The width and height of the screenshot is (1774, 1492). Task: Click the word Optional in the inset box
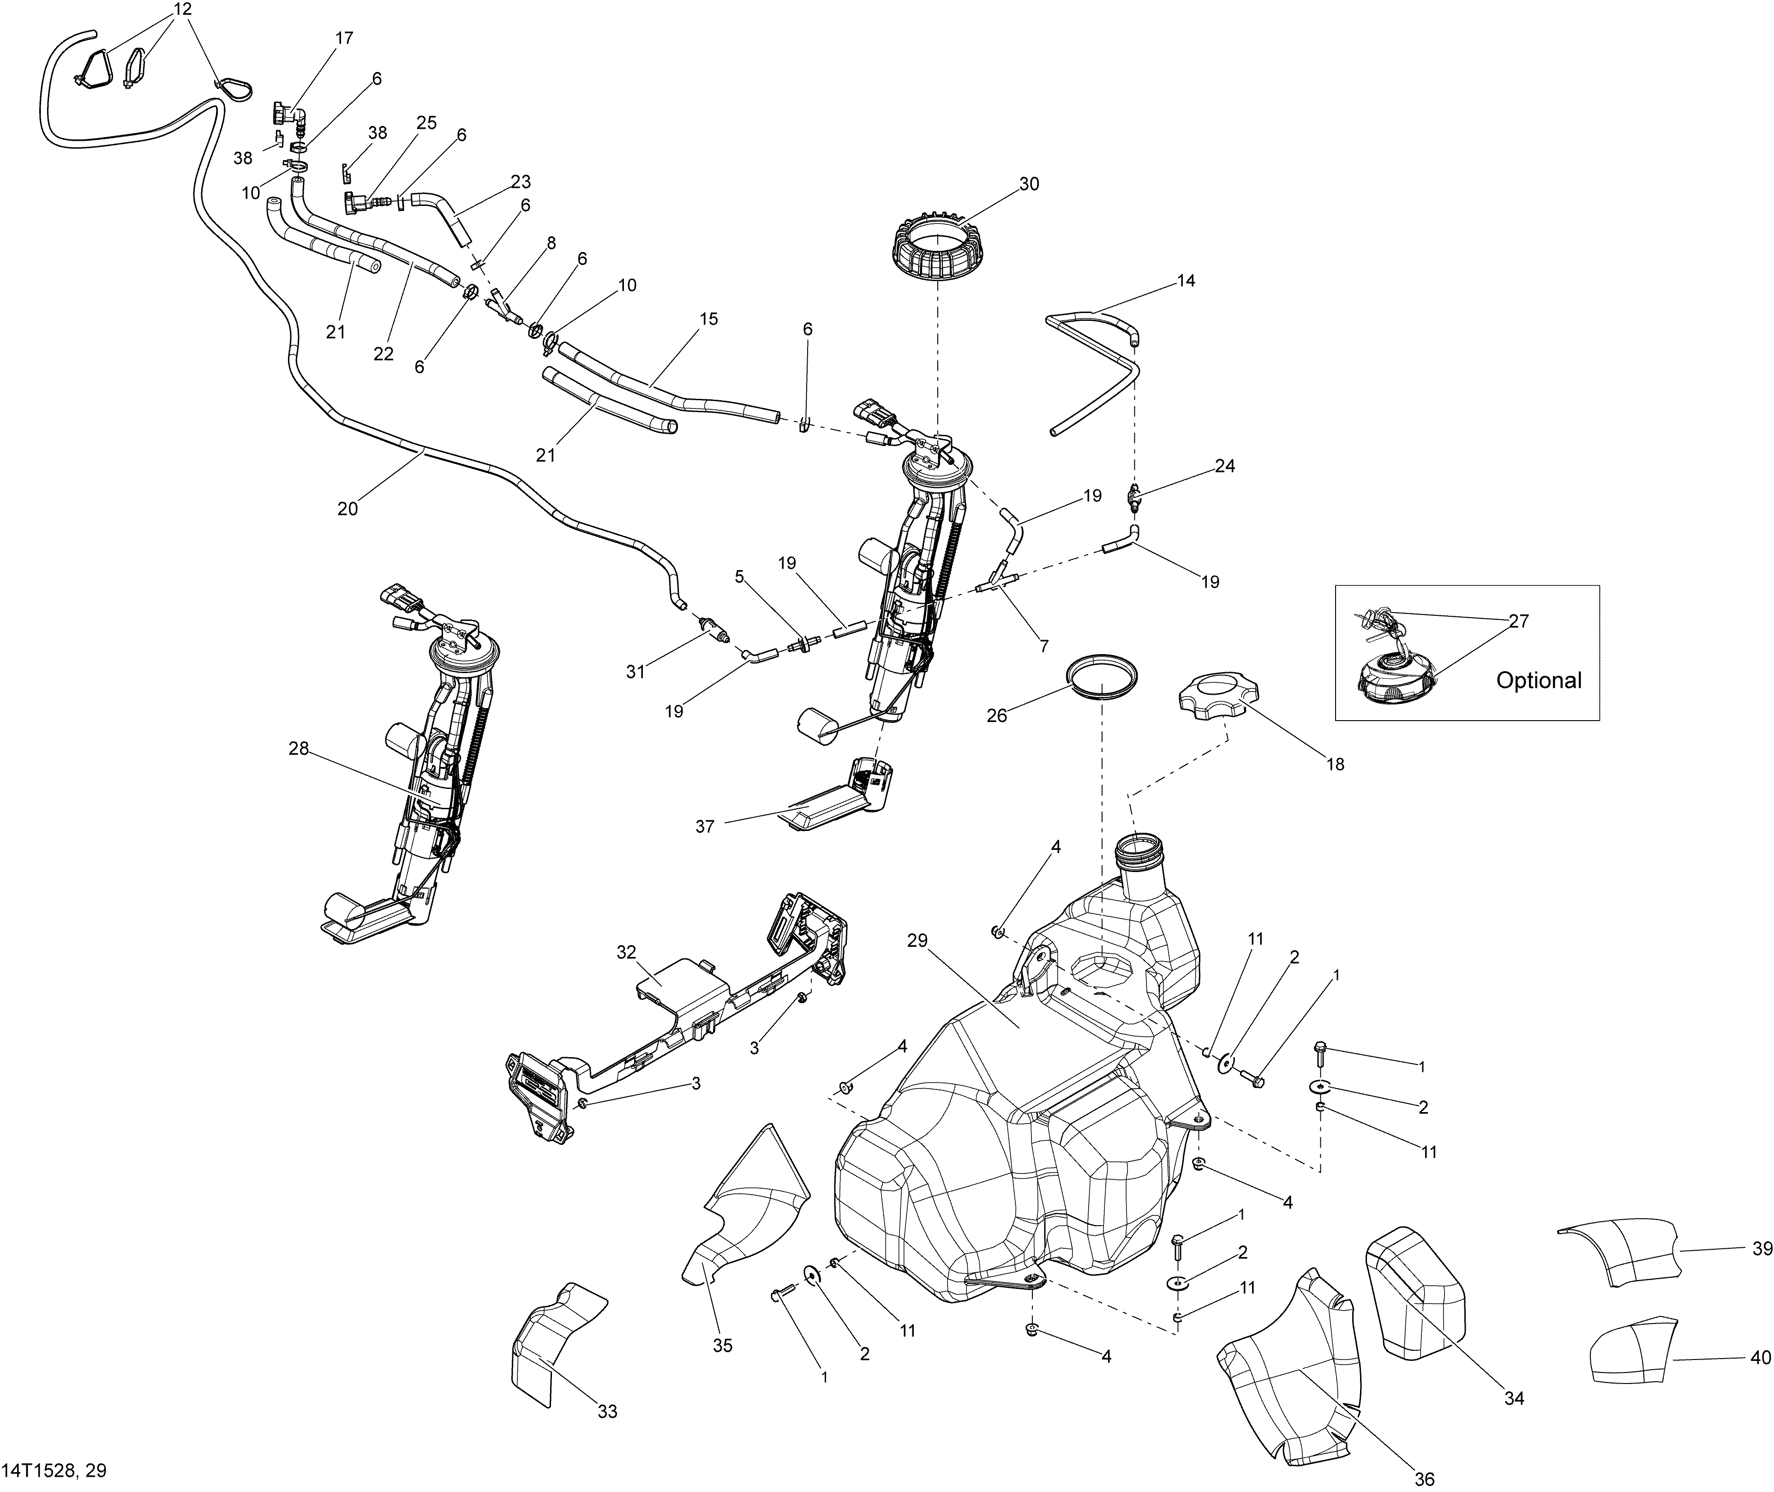tap(1538, 680)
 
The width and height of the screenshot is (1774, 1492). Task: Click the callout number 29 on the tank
tap(917, 940)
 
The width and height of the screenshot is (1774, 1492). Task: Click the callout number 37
tap(704, 826)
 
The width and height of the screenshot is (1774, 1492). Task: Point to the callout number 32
tap(626, 952)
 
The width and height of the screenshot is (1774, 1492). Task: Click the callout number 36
tap(1424, 1479)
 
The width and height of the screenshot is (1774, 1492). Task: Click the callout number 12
tap(183, 10)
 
